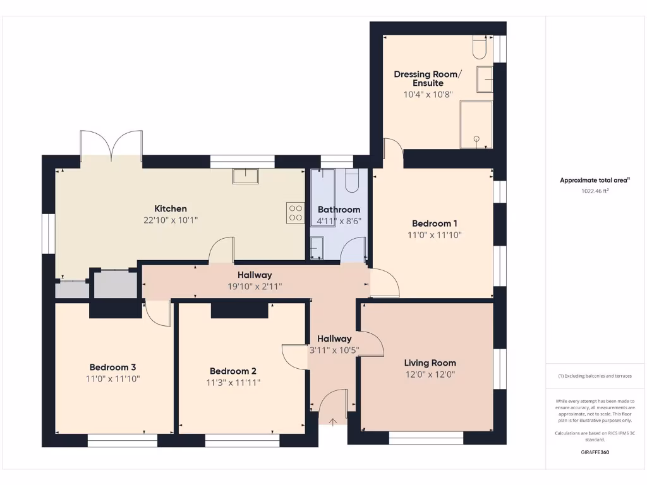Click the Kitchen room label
(171, 208)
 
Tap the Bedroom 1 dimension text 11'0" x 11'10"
(435, 235)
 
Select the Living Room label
(430, 362)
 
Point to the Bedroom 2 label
(233, 371)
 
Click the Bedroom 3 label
(112, 367)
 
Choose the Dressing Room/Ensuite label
(428, 78)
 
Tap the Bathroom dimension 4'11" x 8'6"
(339, 221)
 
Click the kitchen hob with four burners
(295, 212)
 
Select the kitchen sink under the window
(246, 176)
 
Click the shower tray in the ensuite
(476, 124)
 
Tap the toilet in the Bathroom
(352, 181)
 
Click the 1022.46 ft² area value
(595, 191)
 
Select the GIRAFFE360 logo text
(595, 452)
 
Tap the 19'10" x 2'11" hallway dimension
(255, 286)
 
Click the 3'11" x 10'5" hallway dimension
(334, 350)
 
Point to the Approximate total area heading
(595, 180)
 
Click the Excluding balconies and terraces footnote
(595, 376)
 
